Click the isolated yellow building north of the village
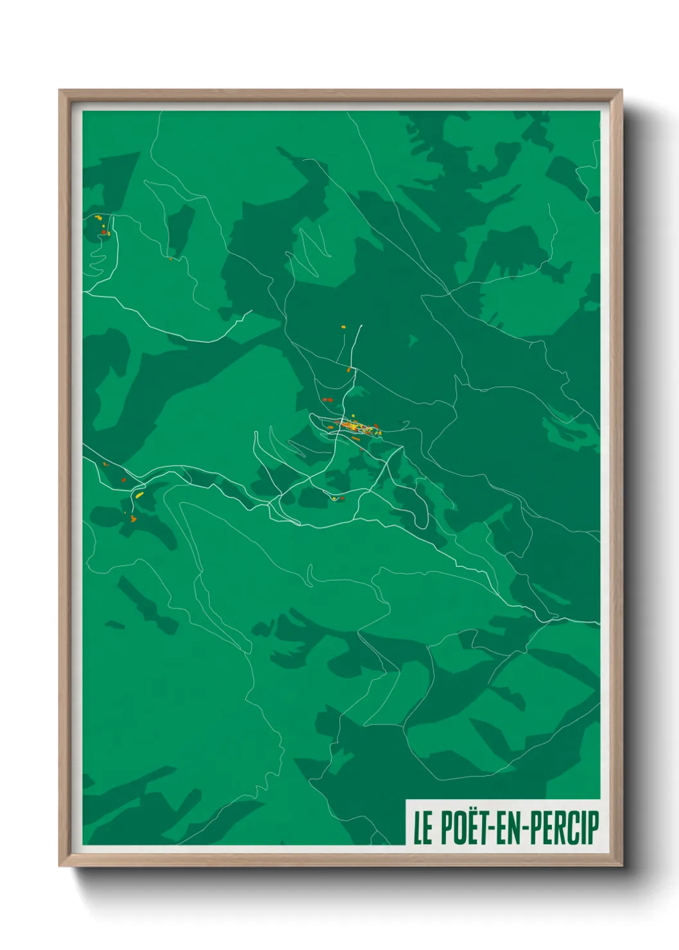point(343,327)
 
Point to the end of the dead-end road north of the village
point(361,325)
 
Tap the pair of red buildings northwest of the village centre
point(327,400)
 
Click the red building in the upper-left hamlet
point(103,232)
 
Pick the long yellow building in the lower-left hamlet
point(138,496)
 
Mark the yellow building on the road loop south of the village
point(334,498)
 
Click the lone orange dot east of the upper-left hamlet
point(170,259)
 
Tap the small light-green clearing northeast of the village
point(413,340)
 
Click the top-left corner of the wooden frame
point(60,91)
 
